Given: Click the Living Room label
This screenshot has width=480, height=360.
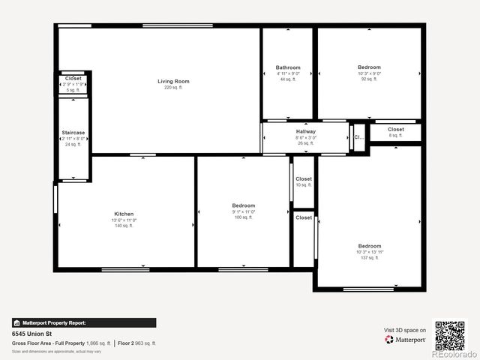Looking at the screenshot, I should click(173, 81).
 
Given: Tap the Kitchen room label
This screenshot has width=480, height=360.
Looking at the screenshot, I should click(124, 214).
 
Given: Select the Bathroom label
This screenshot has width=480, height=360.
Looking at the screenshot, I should click(288, 67).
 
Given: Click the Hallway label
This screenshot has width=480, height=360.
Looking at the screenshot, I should click(306, 132).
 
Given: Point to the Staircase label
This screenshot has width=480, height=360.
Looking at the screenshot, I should click(73, 133).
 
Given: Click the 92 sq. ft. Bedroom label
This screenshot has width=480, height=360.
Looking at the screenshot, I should click(369, 67).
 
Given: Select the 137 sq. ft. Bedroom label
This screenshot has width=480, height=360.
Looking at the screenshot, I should click(369, 246).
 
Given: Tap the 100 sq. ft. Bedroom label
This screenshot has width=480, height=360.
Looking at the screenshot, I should click(244, 205).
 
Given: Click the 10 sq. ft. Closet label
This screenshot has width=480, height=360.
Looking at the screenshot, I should click(304, 179).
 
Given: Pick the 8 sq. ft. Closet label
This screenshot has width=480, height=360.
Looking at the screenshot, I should click(396, 130).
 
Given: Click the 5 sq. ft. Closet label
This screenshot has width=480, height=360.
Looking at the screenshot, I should click(73, 79).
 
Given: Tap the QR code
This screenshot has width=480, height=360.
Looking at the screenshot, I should click(450, 335).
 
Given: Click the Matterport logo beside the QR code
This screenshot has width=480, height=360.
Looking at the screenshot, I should click(406, 340).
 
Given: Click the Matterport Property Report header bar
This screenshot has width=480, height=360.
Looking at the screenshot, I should click(84, 322).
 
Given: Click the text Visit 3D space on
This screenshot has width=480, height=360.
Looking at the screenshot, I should click(405, 330).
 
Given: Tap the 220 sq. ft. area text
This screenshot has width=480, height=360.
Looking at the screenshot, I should click(173, 88).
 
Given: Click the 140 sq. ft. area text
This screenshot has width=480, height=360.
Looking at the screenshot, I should click(124, 226).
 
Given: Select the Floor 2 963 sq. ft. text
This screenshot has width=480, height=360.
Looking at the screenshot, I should click(137, 343).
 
